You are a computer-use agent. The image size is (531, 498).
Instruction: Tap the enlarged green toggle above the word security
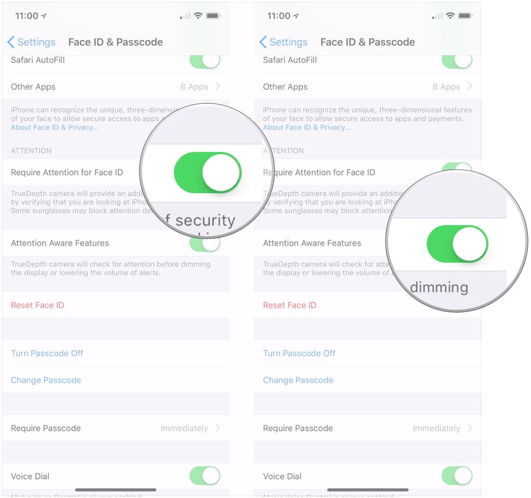pyautogui.click(x=207, y=173)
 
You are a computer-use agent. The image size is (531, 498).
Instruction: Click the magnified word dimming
pyautogui.click(x=439, y=288)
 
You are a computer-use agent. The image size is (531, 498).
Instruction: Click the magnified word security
pyautogui.click(x=205, y=220)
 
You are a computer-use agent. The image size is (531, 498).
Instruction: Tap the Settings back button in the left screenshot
pyautogui.click(x=31, y=42)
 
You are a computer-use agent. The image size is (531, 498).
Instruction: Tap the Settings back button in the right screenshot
pyautogui.click(x=283, y=42)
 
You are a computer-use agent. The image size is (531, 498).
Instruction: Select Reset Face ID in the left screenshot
pyautogui.click(x=37, y=305)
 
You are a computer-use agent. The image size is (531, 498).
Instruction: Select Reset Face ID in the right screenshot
pyautogui.click(x=289, y=305)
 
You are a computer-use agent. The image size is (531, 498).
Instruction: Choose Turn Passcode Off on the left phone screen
pyautogui.click(x=47, y=353)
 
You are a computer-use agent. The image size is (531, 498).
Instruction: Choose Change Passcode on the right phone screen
pyautogui.click(x=298, y=380)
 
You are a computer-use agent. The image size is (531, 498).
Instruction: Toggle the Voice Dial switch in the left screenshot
pyautogui.click(x=205, y=476)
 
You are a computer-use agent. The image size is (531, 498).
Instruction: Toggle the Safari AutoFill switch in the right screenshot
pyautogui.click(x=457, y=60)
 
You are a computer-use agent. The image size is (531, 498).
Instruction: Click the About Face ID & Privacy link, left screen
pyautogui.click(x=54, y=128)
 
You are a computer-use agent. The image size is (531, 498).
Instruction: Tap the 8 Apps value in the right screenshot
pyautogui.click(x=446, y=87)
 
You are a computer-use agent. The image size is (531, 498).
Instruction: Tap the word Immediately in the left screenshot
pyautogui.click(x=184, y=428)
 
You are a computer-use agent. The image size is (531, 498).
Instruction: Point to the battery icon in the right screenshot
pyautogui.click(x=465, y=16)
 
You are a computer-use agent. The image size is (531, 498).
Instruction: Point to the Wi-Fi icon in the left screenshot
pyautogui.click(x=198, y=16)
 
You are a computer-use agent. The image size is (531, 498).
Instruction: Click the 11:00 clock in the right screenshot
pyautogui.click(x=278, y=16)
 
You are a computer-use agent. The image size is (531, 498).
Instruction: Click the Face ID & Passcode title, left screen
pyautogui.click(x=116, y=42)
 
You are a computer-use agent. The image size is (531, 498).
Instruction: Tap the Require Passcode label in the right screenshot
pyautogui.click(x=298, y=428)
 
